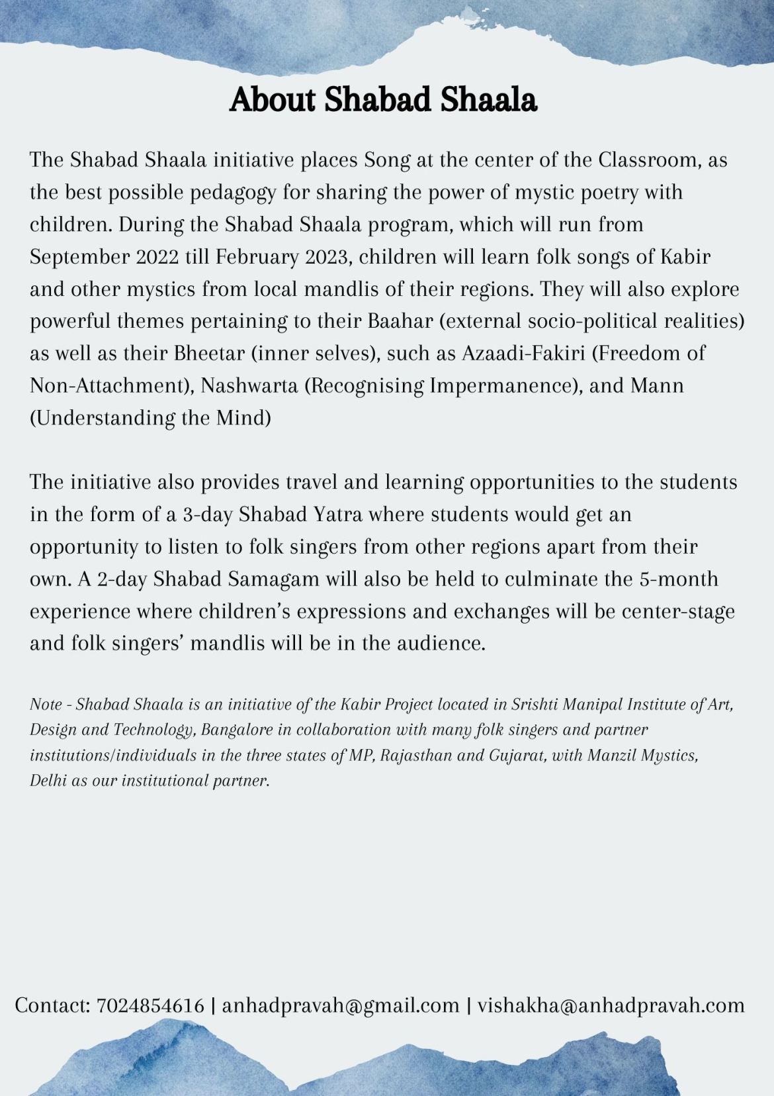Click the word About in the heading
271,100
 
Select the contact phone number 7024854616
150,1005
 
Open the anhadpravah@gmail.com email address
341,1005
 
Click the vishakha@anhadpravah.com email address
611,1005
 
